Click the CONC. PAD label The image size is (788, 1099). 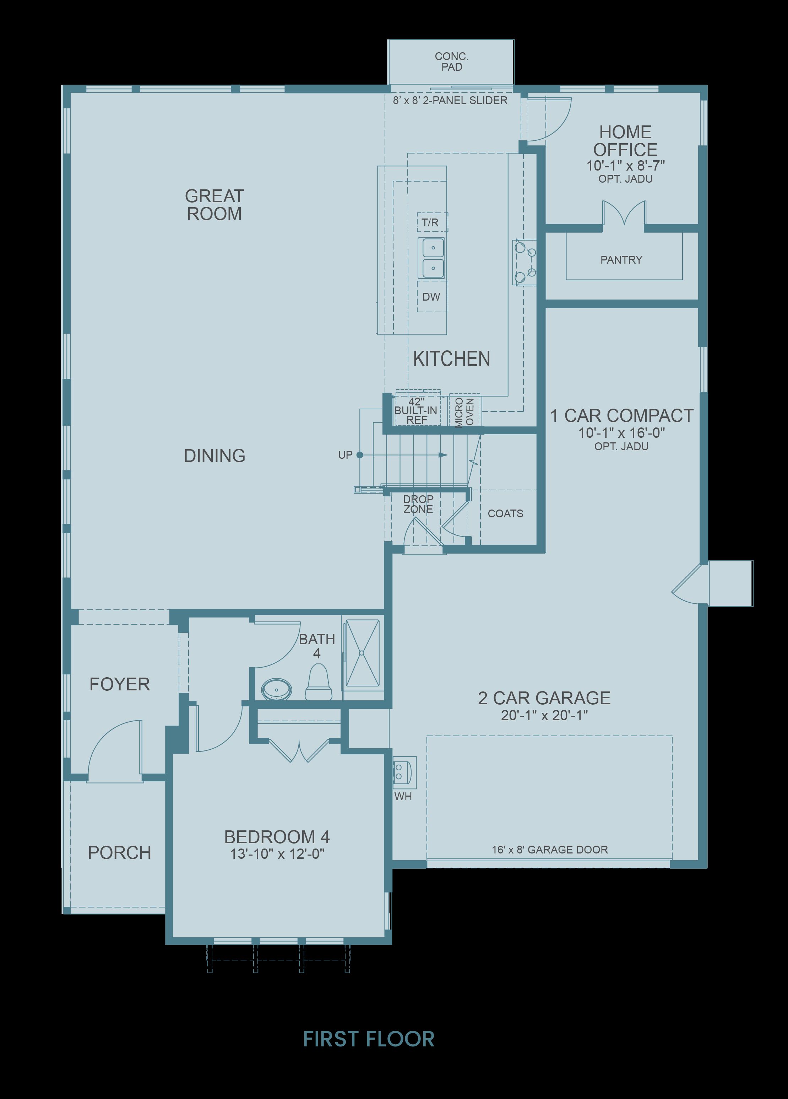tap(451, 61)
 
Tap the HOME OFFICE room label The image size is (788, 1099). tap(625, 140)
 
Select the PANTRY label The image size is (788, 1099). tap(621, 260)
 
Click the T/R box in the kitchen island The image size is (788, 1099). tap(432, 222)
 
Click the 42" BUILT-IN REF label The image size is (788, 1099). tap(416, 411)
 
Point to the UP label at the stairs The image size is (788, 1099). tap(345, 455)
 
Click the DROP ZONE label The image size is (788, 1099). tap(418, 504)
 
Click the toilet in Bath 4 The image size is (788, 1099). tap(318, 682)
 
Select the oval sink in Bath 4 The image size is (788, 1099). tap(277, 689)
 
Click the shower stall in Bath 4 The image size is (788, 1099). tap(361, 653)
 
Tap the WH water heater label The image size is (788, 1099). tap(403, 796)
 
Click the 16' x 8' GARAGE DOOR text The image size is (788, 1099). tap(550, 850)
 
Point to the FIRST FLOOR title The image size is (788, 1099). tap(369, 1039)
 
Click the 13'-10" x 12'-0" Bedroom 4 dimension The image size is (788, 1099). tap(277, 853)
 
